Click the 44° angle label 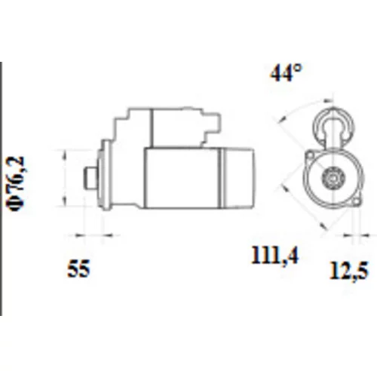pyautogui.click(x=285, y=73)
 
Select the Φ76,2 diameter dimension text pyautogui.click(x=17, y=183)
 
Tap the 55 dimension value pyautogui.click(x=78, y=268)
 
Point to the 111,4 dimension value pyautogui.click(x=274, y=256)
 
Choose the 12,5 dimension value pyautogui.click(x=349, y=271)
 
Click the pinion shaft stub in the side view pyautogui.click(x=90, y=178)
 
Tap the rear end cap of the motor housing pyautogui.click(x=238, y=178)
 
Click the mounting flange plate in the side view pyautogui.click(x=104, y=175)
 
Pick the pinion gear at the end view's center pyautogui.click(x=333, y=178)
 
